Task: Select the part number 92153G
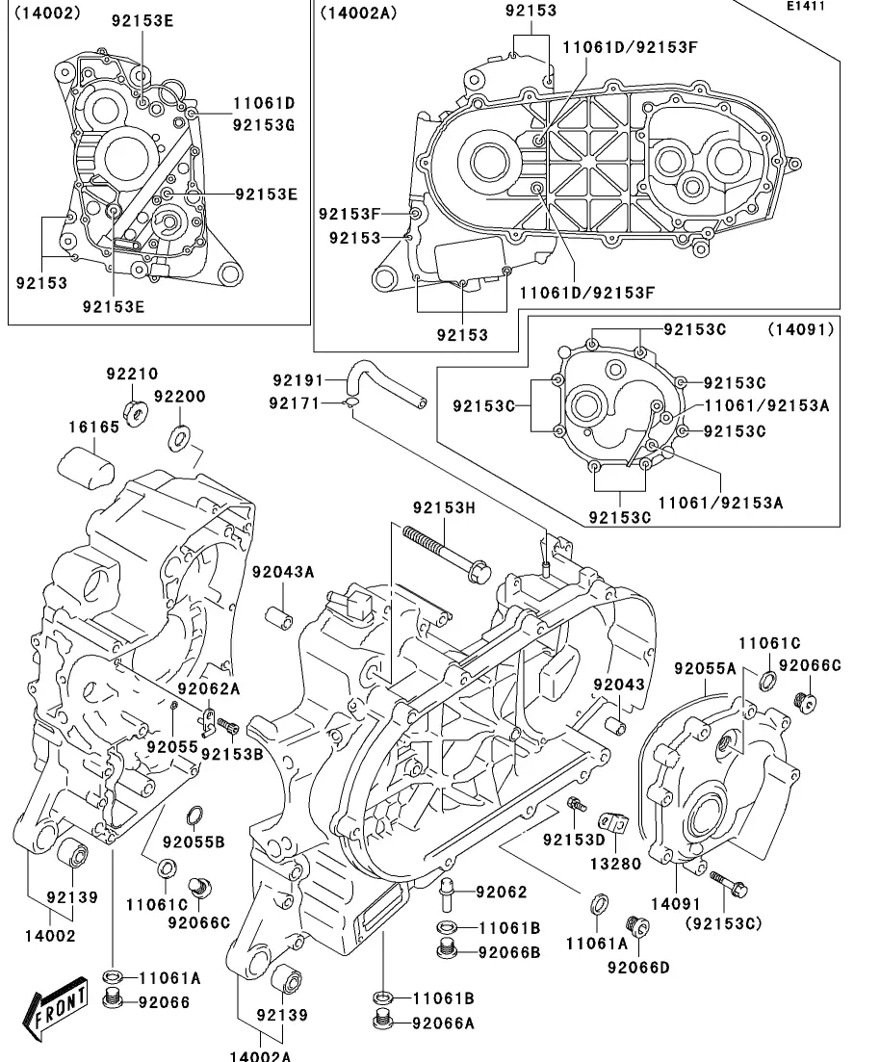pyautogui.click(x=263, y=123)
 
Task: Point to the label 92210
pyautogui.click(x=132, y=374)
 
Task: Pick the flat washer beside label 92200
pyautogui.click(x=180, y=439)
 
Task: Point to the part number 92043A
pyautogui.click(x=283, y=572)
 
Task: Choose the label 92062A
pyautogui.click(x=208, y=687)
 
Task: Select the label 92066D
pyautogui.click(x=637, y=967)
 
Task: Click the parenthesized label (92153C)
pyautogui.click(x=723, y=922)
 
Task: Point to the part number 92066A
pyautogui.click(x=443, y=1023)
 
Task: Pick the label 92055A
pyautogui.click(x=705, y=668)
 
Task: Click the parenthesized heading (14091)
pyautogui.click(x=800, y=329)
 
